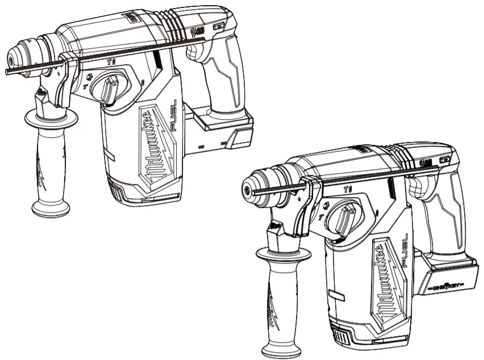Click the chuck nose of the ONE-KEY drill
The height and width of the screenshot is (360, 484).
[249, 186]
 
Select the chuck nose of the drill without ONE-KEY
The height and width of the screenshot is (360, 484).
[12, 58]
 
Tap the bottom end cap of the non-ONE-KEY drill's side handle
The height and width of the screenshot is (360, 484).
[51, 209]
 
